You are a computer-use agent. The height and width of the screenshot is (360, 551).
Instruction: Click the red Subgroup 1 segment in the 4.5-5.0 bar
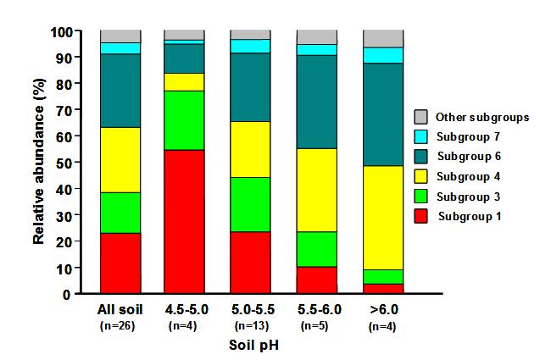click(184, 221)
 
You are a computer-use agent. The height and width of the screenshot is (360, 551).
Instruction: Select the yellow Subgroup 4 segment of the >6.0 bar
click(382, 218)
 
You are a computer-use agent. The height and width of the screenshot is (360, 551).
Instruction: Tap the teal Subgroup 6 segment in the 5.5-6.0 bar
click(316, 102)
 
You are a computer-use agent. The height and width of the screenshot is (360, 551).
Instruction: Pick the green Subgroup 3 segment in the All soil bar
click(120, 213)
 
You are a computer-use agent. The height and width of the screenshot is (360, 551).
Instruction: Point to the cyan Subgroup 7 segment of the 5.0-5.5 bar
click(250, 46)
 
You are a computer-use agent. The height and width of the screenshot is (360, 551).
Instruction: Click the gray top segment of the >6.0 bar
click(382, 38)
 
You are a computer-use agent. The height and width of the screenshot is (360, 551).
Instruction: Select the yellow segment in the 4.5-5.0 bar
click(184, 81)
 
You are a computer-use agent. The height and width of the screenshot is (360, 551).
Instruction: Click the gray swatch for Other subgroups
click(420, 117)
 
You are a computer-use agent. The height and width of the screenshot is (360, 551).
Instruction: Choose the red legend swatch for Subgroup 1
click(420, 216)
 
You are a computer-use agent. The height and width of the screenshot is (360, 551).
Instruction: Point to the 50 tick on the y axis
click(67, 162)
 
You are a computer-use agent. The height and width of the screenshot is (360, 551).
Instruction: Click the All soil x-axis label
click(120, 309)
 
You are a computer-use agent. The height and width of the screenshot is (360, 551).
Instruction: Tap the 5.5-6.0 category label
click(316, 309)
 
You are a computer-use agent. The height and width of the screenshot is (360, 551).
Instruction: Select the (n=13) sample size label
click(250, 324)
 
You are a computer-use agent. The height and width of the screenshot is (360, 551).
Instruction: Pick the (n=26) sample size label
click(120, 324)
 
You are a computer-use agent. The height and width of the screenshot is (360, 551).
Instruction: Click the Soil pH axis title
click(252, 346)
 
